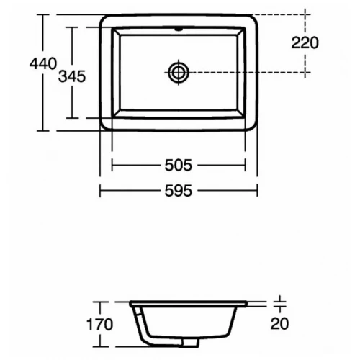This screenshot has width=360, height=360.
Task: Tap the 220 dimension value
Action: tap(305, 42)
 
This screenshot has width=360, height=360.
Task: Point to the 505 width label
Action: tap(178, 166)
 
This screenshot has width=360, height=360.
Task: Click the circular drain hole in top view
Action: tap(178, 71)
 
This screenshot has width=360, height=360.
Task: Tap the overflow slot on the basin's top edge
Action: tap(178, 31)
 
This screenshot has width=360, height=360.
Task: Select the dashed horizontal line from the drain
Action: tap(245, 71)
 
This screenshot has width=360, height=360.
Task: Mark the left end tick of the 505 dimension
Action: tap(112, 166)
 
